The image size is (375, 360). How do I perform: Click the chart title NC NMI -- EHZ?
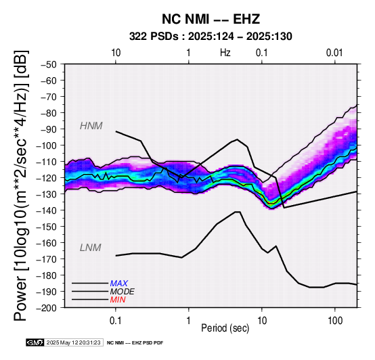[x=211, y=19]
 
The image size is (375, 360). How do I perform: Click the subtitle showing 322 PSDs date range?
[x=211, y=37]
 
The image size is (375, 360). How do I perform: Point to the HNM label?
[x=91, y=126]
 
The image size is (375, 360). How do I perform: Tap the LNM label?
[x=91, y=248]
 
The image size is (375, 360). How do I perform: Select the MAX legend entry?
[x=119, y=284]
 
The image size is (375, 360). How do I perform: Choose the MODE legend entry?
[x=123, y=292]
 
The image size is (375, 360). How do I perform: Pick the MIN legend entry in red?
[x=118, y=300]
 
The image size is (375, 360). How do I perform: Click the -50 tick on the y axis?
[x=49, y=64]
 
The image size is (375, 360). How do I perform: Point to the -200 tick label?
[x=47, y=308]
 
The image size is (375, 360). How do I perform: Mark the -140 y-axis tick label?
[x=47, y=210]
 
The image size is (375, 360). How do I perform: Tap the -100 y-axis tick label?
[x=47, y=145]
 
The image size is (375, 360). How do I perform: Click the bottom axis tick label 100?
[x=335, y=321]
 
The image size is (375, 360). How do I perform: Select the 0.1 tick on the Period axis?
[x=116, y=321]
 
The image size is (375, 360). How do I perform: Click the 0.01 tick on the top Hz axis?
[x=334, y=53]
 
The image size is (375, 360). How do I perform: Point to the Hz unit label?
[x=225, y=53]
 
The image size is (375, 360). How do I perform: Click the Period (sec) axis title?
[x=225, y=328]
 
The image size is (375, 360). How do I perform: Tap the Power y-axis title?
[x=20, y=185]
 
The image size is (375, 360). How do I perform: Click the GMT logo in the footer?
[x=35, y=342]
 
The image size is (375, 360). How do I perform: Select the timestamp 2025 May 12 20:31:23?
[x=73, y=342]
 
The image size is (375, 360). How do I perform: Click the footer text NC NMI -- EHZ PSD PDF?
[x=135, y=343]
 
